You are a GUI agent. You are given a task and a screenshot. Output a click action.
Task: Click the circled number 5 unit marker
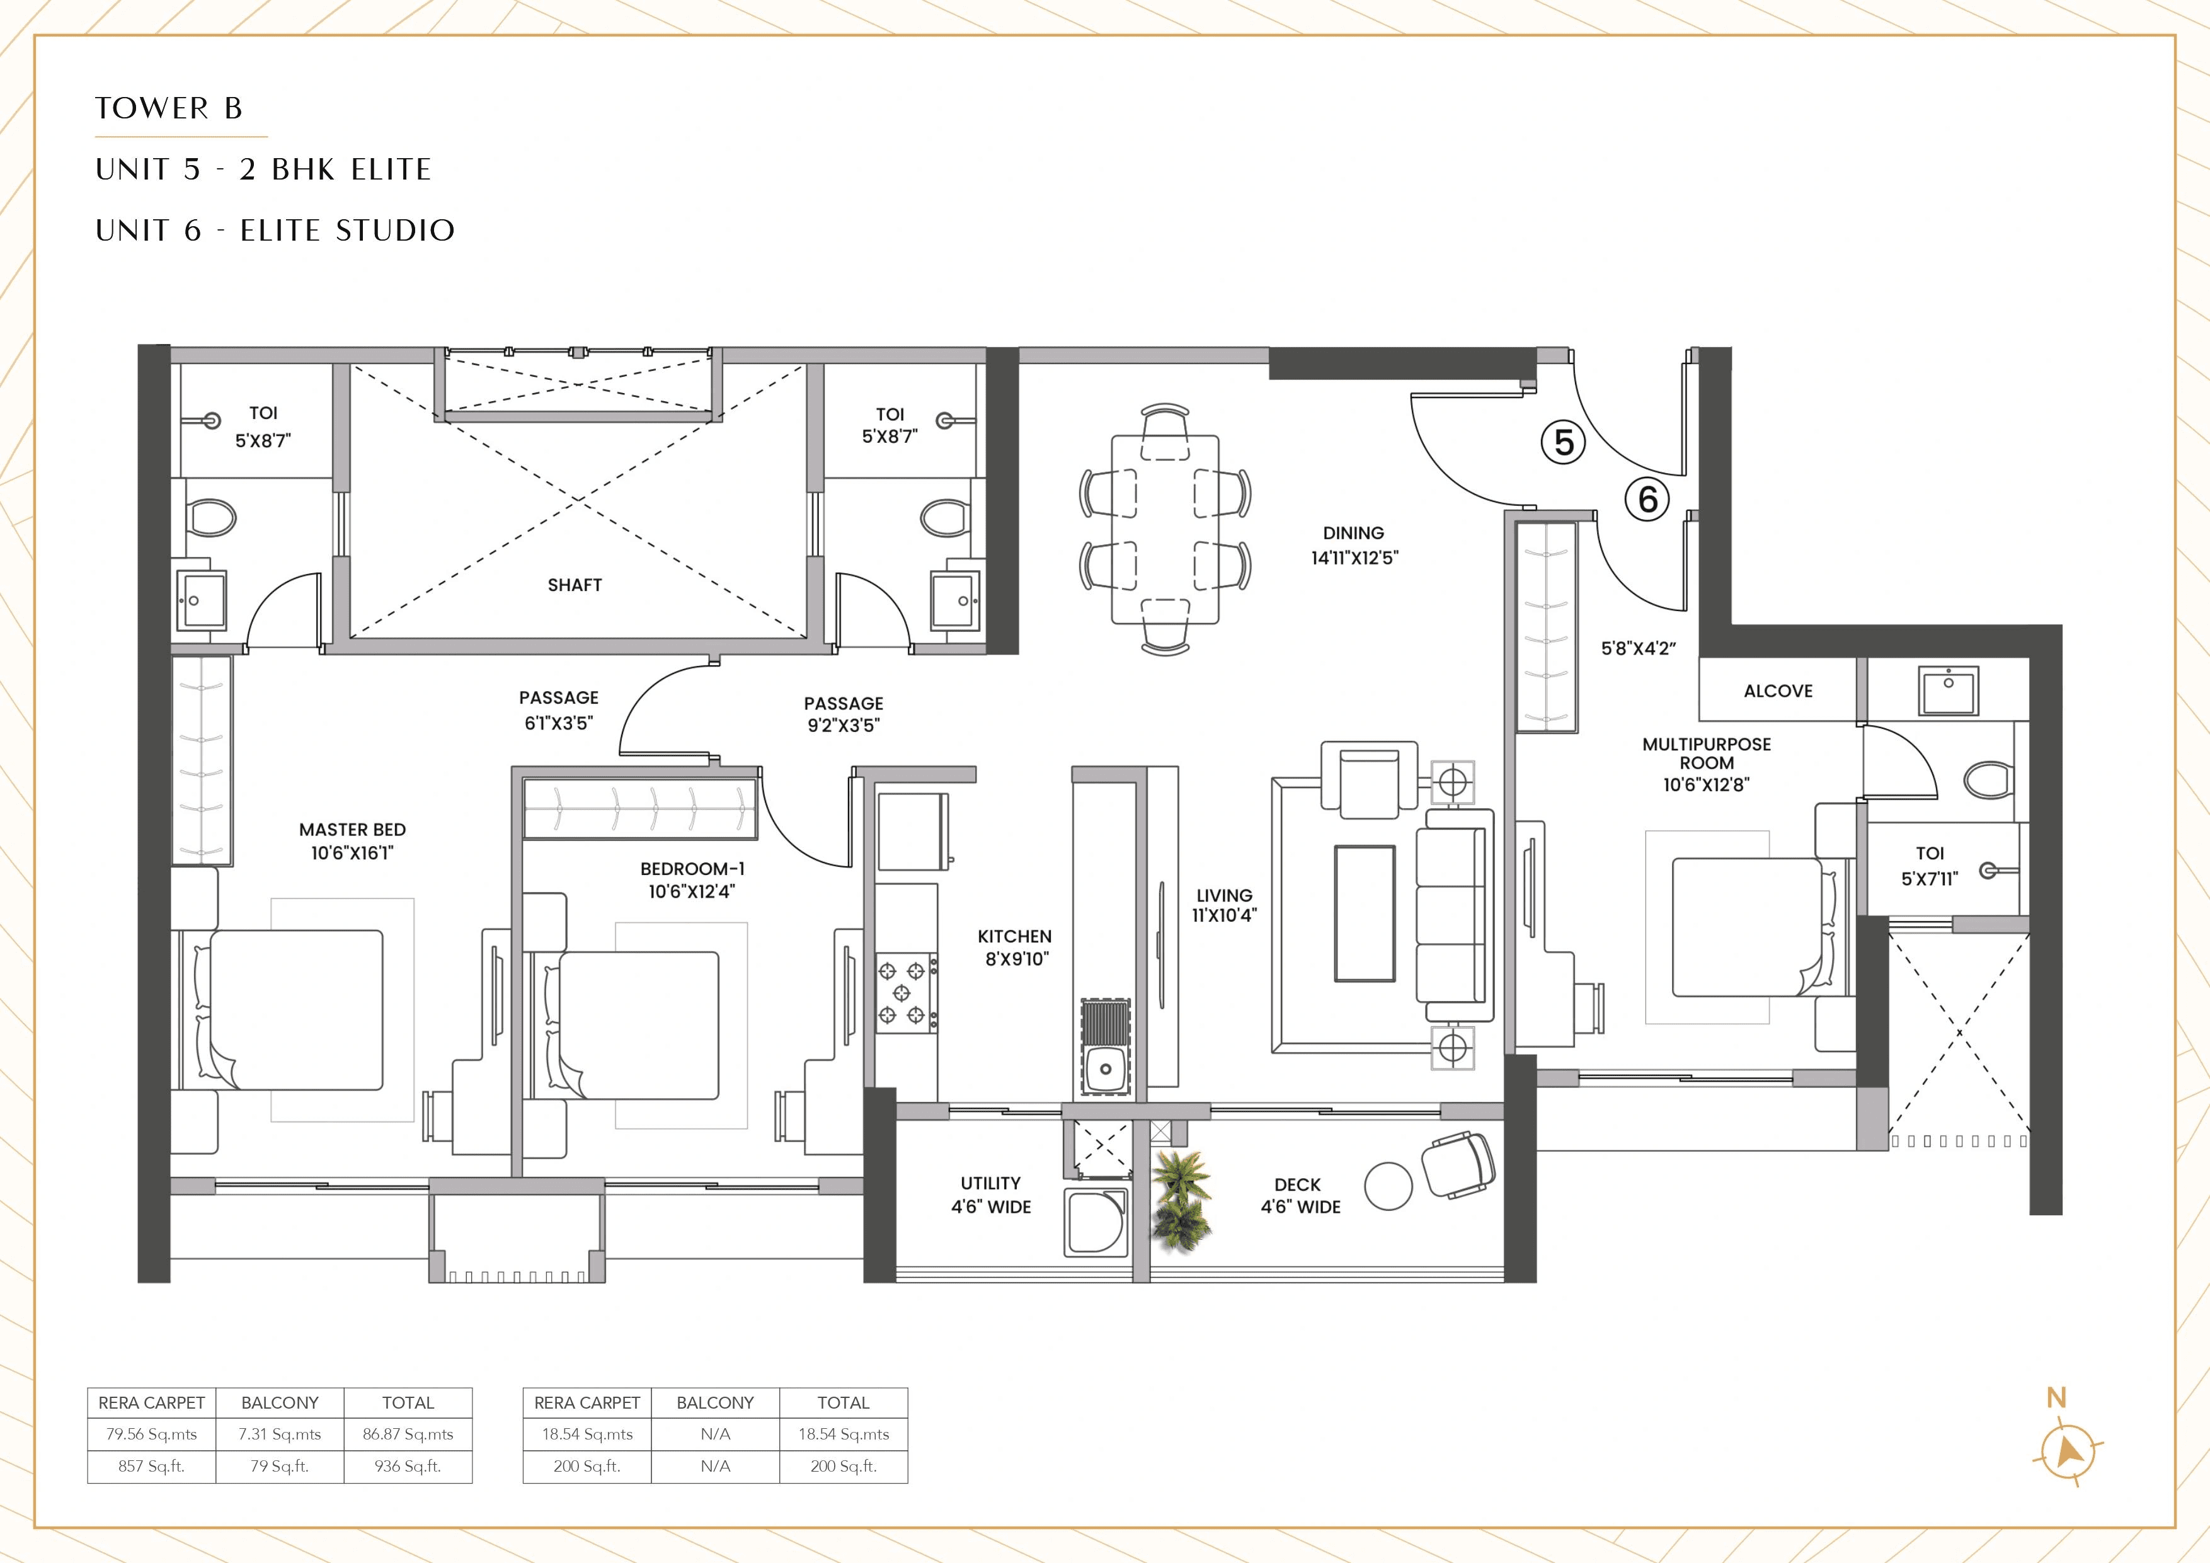pyautogui.click(x=1563, y=443)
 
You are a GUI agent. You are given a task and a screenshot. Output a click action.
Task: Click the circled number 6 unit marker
pyautogui.click(x=1647, y=500)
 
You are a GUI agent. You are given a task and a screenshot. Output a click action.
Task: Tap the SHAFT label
pyautogui.click(x=575, y=585)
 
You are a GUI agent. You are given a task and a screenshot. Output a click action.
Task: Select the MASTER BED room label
pyautogui.click(x=352, y=830)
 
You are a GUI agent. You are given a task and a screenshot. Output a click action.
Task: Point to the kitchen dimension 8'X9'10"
pyautogui.click(x=1016, y=959)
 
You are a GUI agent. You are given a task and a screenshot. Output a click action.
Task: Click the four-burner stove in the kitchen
pyautogui.click(x=905, y=992)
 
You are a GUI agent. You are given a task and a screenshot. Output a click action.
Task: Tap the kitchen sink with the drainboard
pyautogui.click(x=1105, y=1047)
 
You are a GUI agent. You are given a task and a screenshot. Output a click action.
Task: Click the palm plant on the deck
pyautogui.click(x=1181, y=1199)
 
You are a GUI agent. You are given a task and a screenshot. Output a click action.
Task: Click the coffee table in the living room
pyautogui.click(x=1364, y=913)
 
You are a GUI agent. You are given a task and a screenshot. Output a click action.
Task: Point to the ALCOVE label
pyautogui.click(x=1778, y=691)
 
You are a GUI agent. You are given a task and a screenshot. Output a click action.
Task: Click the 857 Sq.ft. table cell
pyautogui.click(x=151, y=1467)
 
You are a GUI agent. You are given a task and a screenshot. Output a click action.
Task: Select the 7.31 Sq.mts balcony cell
pyautogui.click(x=279, y=1434)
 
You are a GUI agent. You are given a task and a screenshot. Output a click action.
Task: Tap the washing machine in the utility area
pyautogui.click(x=1096, y=1222)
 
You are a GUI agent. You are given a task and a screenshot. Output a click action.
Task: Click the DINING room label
pyautogui.click(x=1353, y=533)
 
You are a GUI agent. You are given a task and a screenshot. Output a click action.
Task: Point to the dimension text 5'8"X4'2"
pyautogui.click(x=1638, y=649)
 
